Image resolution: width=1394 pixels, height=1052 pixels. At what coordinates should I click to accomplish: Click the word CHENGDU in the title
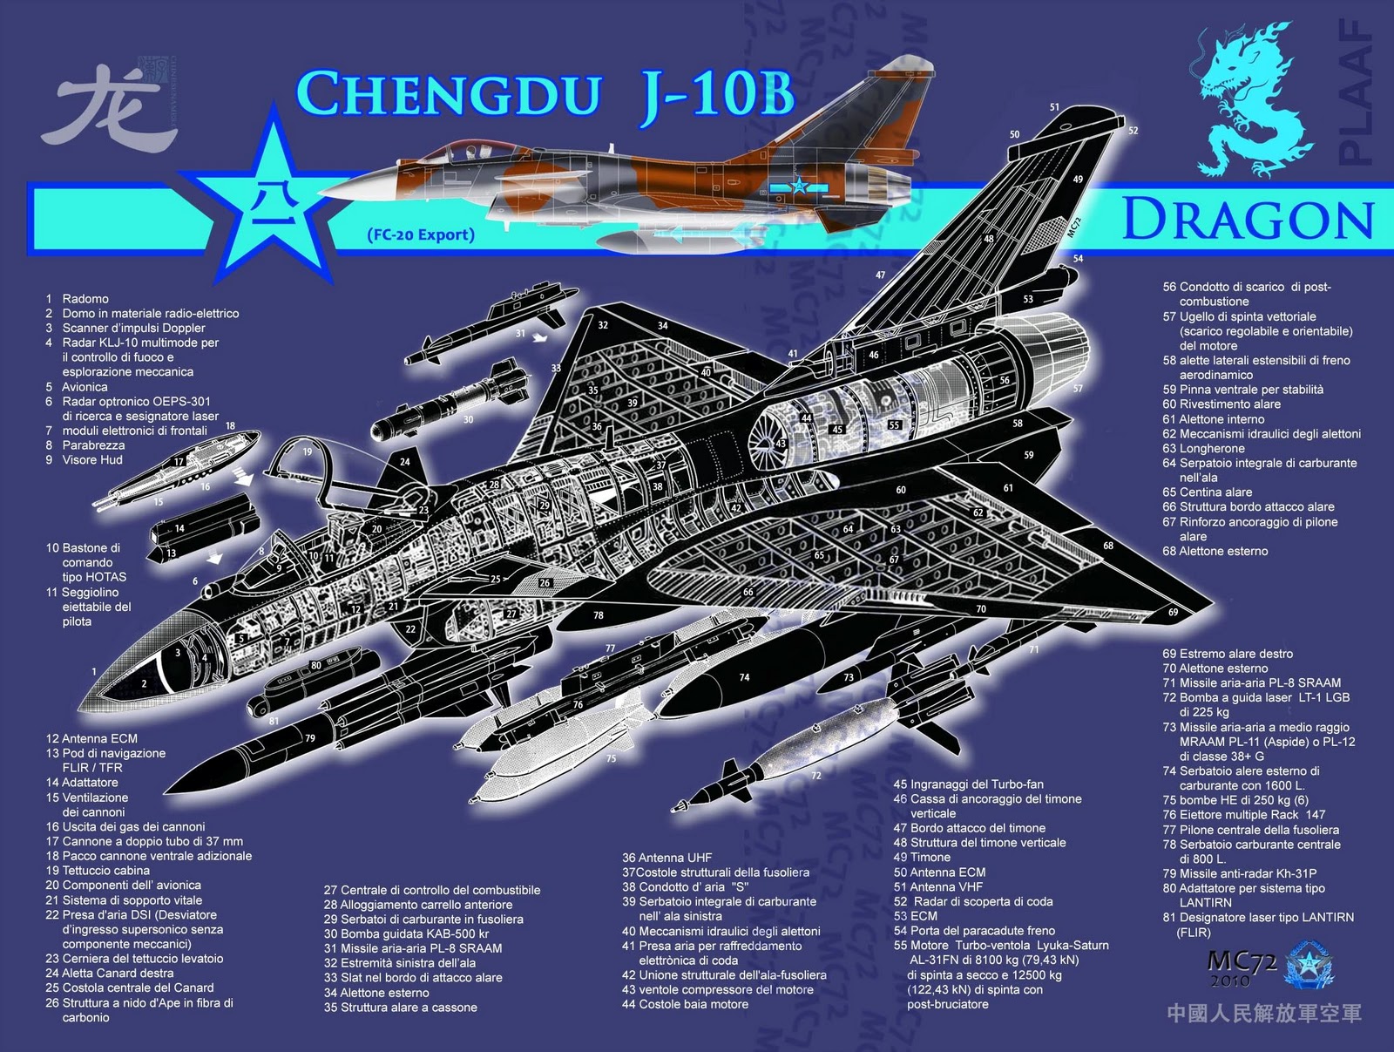(449, 94)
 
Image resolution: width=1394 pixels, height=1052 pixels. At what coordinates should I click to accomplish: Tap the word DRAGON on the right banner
(1248, 219)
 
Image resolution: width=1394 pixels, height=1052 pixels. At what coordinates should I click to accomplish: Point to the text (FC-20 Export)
(421, 234)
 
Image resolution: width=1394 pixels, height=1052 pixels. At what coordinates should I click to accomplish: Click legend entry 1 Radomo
(78, 299)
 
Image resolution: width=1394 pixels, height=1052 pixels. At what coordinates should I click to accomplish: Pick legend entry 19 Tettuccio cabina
(98, 871)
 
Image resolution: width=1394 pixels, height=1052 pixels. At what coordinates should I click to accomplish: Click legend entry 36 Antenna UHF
(667, 858)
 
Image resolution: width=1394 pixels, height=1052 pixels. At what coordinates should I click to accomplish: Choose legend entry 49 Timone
(922, 858)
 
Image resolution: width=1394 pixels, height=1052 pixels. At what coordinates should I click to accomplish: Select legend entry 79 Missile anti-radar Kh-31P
(1239, 873)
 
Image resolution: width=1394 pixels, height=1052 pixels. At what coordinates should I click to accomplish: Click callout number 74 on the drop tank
(744, 677)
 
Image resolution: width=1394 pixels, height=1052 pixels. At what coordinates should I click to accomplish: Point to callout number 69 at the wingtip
(1173, 612)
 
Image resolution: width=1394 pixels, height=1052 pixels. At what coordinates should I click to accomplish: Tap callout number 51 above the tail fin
(1054, 108)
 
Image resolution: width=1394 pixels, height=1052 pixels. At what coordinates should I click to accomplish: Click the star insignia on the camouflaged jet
(798, 186)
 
